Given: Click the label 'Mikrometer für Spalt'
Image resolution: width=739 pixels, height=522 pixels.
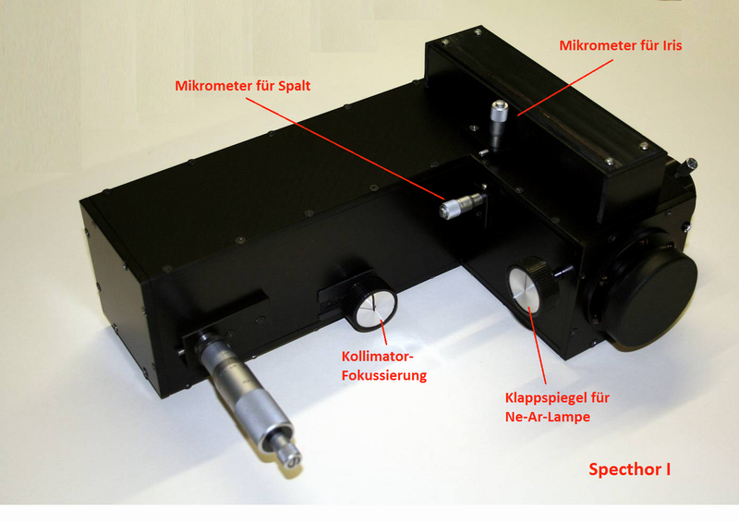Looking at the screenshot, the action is [x=242, y=86].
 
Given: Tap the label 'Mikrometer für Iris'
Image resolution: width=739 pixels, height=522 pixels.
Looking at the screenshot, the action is [x=620, y=45].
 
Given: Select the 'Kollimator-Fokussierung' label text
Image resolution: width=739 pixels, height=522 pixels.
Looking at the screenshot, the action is [x=384, y=366].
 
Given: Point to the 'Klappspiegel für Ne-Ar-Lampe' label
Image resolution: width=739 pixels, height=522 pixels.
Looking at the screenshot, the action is [x=557, y=407].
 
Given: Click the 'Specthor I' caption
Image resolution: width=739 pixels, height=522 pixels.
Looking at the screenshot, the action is [x=630, y=469].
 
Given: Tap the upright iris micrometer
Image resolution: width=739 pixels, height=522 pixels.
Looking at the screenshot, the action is [x=498, y=123].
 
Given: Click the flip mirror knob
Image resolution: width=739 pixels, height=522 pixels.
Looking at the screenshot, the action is [x=533, y=285].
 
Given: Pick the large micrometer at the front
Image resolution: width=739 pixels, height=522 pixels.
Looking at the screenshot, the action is [x=245, y=395].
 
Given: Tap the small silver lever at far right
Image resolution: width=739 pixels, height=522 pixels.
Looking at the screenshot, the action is [x=686, y=166].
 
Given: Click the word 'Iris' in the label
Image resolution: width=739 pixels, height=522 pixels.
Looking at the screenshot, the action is [x=672, y=45].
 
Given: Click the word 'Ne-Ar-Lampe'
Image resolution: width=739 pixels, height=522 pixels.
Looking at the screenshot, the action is [x=548, y=417].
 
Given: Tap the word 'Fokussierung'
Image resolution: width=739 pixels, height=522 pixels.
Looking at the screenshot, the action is [x=384, y=375].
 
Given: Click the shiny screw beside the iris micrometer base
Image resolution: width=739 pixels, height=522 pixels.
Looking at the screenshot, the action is [x=482, y=152].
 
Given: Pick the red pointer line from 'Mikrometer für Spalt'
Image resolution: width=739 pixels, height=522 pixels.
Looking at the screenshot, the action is [x=345, y=149].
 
